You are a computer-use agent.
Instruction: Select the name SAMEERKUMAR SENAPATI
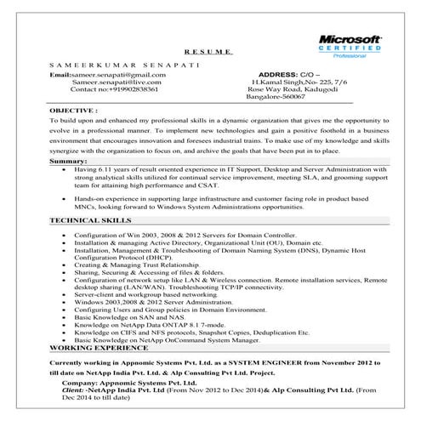[x=106, y=65]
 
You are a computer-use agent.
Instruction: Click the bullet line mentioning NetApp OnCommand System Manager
[x=165, y=340]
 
